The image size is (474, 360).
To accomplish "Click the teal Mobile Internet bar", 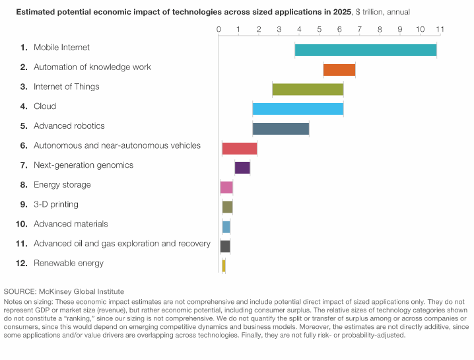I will click(x=365, y=50).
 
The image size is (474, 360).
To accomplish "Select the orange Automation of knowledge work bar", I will click(x=339, y=70).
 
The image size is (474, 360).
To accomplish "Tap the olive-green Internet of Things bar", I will click(x=308, y=90).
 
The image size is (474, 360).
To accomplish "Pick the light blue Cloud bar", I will click(x=298, y=109).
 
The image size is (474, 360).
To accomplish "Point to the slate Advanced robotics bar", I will click(x=281, y=129).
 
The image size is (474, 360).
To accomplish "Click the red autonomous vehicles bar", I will click(x=240, y=148).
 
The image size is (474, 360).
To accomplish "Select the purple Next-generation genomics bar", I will click(x=242, y=168).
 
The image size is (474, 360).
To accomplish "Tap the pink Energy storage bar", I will click(x=226, y=187).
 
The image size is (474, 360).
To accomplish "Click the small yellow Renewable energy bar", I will click(x=224, y=266).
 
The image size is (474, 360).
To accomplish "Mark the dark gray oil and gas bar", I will click(x=225, y=246).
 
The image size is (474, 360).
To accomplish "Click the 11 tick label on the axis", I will click(x=440, y=29).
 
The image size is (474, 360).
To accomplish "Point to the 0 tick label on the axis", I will click(x=219, y=29).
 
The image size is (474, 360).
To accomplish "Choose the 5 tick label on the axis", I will click(x=320, y=29).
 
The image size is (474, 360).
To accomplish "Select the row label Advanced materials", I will click(x=71, y=224).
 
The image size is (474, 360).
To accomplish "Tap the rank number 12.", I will click(x=21, y=263).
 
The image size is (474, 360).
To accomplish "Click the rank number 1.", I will click(x=24, y=48).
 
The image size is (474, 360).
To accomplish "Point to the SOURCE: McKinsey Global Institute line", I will click(x=63, y=291).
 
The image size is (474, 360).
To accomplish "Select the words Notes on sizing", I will click(x=28, y=301).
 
